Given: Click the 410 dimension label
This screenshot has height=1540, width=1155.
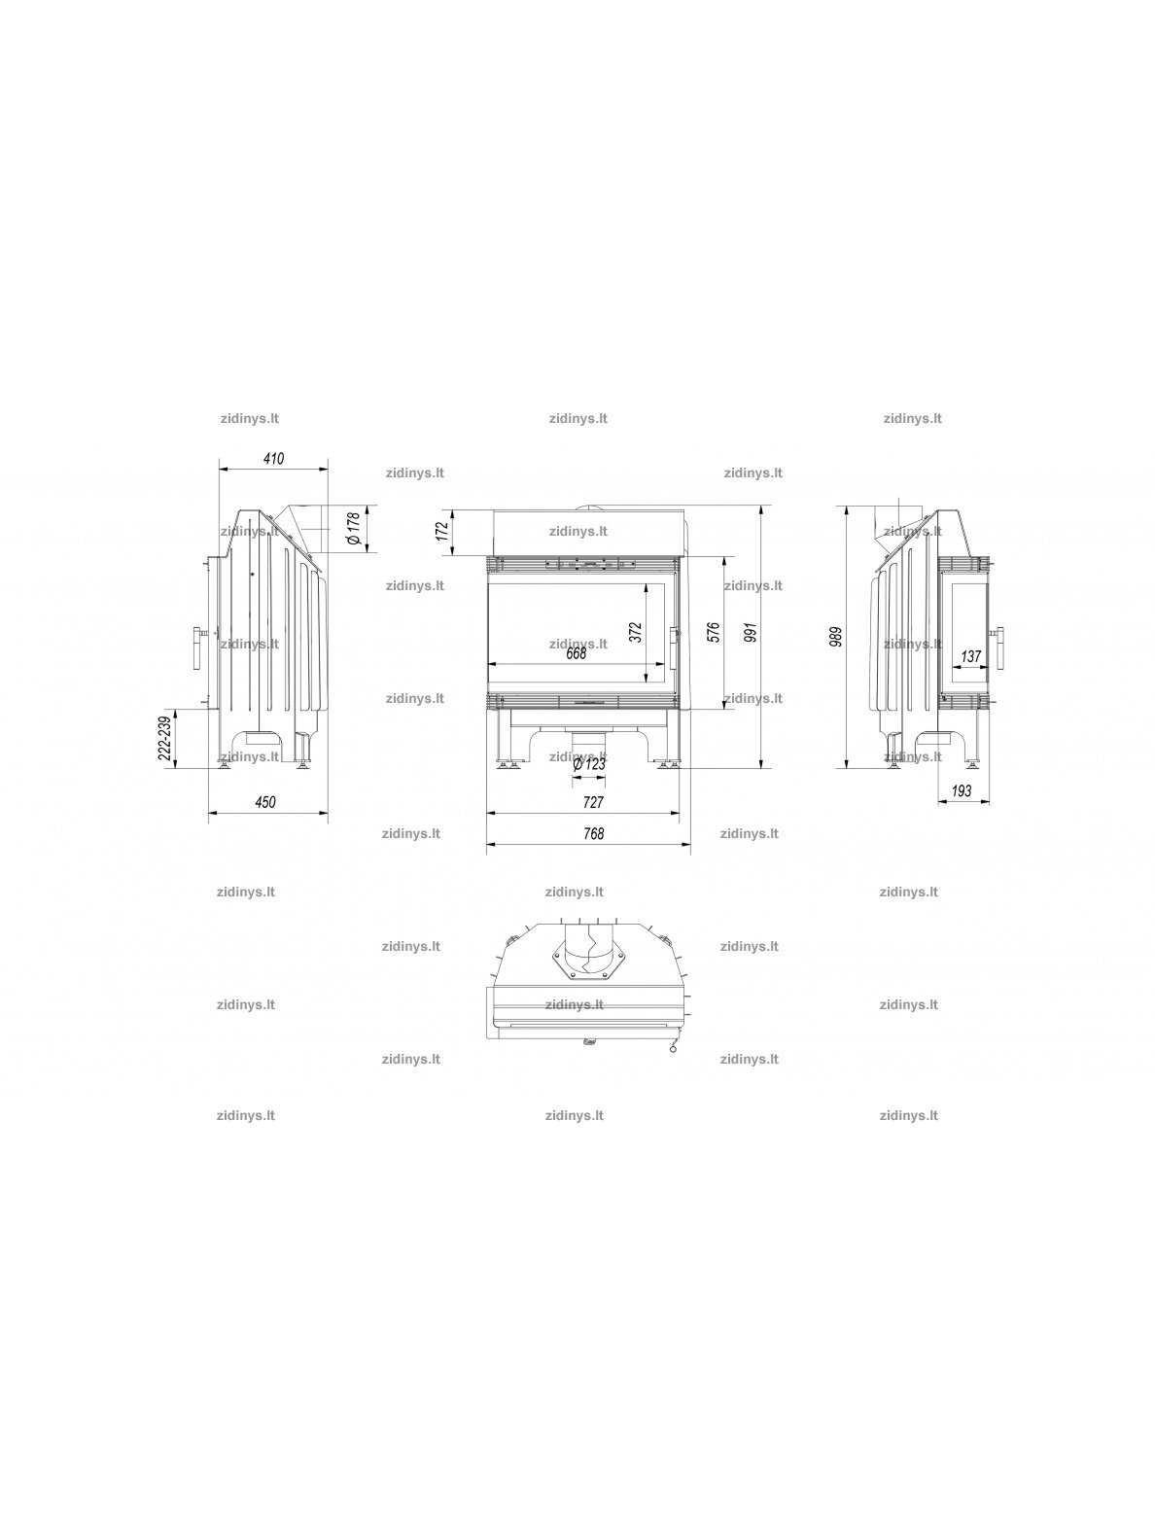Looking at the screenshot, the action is coord(273,459).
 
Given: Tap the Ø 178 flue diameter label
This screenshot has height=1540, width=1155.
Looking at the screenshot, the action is coord(354,528).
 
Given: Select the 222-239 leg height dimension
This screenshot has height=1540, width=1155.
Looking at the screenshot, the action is coord(165,738).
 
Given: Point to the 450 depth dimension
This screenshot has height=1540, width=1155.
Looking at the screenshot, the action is coord(265,802).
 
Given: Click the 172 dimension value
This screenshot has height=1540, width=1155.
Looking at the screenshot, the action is coord(441,531).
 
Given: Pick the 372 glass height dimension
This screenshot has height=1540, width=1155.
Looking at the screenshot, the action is coord(636,632).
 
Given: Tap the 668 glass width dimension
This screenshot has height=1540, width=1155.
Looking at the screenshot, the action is coord(576,654).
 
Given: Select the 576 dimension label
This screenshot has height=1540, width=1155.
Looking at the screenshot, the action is coord(714,632).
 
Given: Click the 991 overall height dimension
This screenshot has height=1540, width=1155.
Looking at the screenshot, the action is coord(752,632).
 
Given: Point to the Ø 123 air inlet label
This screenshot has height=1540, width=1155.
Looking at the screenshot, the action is coord(589,764).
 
